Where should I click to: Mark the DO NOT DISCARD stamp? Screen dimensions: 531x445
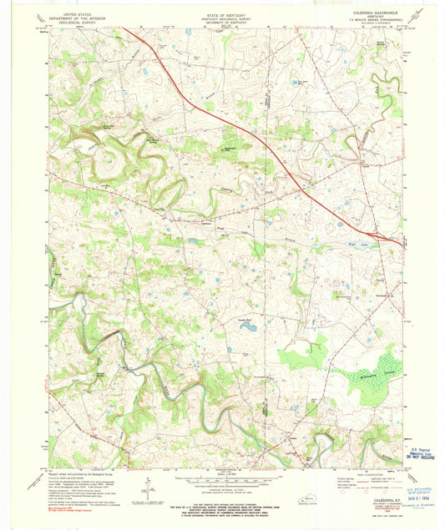[420, 457]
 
